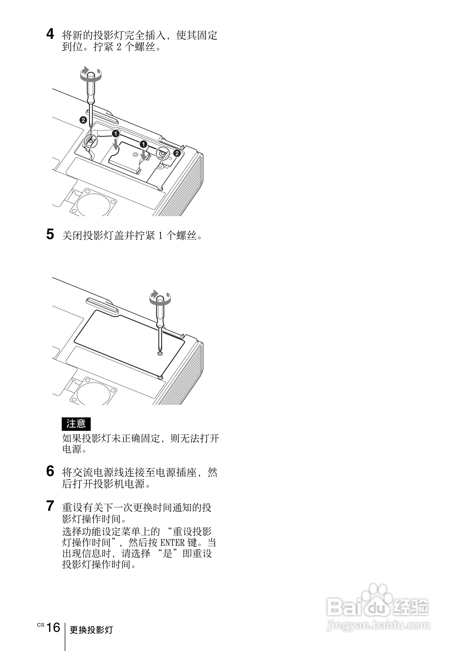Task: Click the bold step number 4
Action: tap(50, 34)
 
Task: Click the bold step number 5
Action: tap(50, 234)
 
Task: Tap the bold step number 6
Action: tap(50, 471)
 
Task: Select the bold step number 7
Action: tap(50, 506)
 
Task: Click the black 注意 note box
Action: tap(76, 424)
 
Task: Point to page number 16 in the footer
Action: tap(53, 627)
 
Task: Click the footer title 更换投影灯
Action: tap(91, 630)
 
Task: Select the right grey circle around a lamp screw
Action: tap(163, 154)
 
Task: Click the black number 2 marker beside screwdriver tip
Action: tap(83, 120)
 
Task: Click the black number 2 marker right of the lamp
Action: tap(177, 153)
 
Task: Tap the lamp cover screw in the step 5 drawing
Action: tap(160, 353)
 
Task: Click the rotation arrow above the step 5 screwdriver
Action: tap(160, 297)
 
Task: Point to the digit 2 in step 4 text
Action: tap(119, 47)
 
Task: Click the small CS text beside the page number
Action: tap(41, 625)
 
